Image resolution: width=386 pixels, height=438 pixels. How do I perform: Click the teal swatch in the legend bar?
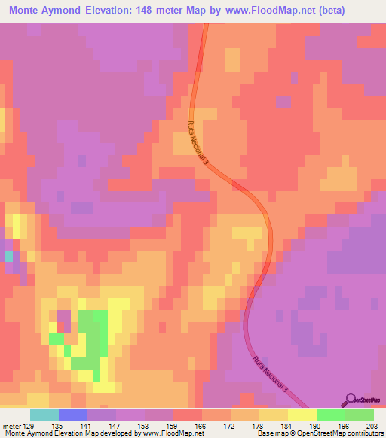(44, 415)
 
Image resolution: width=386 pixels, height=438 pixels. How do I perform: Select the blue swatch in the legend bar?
(73, 415)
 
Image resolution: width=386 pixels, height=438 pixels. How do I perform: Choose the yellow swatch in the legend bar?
(302, 415)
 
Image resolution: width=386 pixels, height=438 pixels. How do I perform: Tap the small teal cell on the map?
(9, 256)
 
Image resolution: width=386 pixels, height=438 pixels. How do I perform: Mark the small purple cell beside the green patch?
(63, 322)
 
